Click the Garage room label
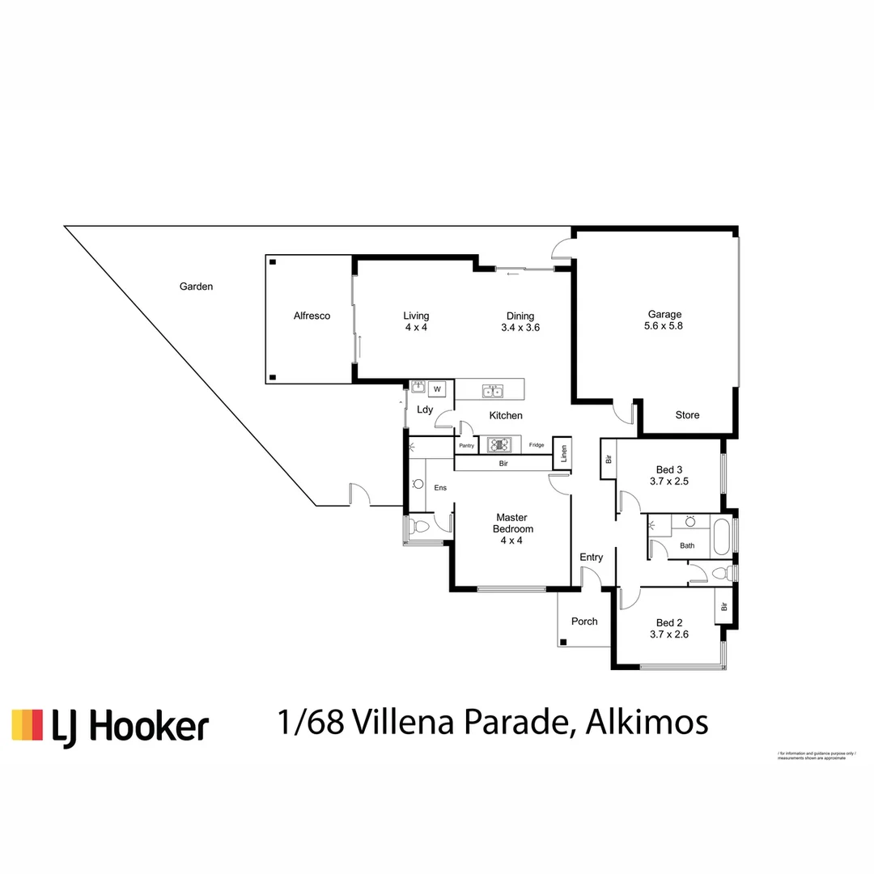coord(664,315)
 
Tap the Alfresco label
coord(312,316)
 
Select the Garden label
coord(196,286)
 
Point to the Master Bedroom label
coord(511,523)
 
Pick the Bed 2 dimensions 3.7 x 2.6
coord(669,635)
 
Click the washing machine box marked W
coord(437,389)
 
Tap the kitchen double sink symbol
coord(491,392)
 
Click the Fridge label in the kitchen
coord(537,445)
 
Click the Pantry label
coord(466,446)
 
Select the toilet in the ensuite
coord(418,528)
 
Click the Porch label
coord(584,622)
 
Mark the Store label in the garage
coord(687,415)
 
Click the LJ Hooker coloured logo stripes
coord(27,724)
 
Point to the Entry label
coord(591,558)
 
